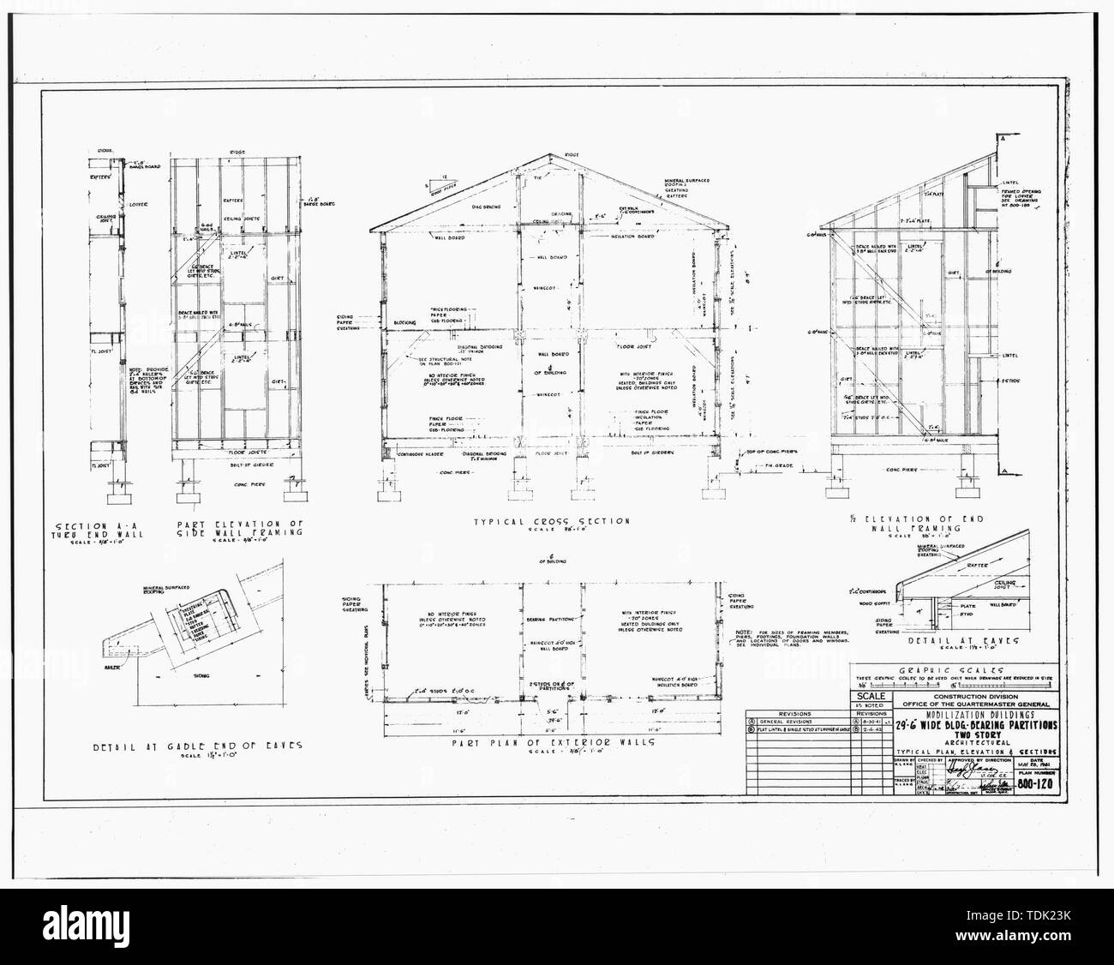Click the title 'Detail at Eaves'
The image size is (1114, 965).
point(935,639)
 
